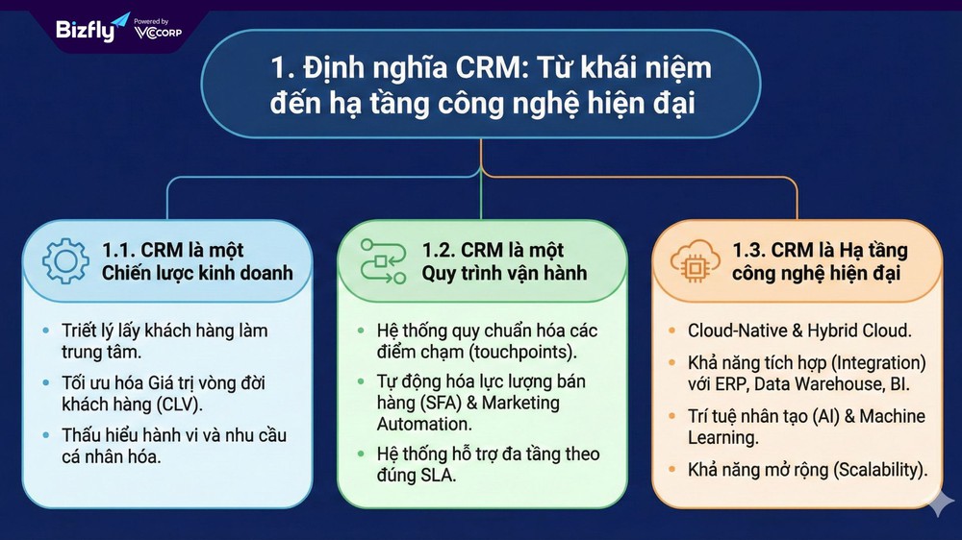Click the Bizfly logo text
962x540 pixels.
tap(86, 30)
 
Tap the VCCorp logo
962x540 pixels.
tap(158, 30)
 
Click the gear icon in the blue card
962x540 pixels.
tap(65, 261)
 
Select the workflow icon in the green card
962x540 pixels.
tap(383, 261)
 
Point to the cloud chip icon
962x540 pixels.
tap(695, 261)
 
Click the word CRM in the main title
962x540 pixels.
tap(488, 67)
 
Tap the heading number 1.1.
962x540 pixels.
tap(117, 250)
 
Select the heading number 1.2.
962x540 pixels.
tap(438, 250)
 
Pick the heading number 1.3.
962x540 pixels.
tap(748, 250)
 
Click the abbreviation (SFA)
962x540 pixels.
tap(442, 403)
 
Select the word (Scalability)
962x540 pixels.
tap(880, 470)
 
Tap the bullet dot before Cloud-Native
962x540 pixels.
tap(672, 331)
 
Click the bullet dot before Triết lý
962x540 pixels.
tap(46, 331)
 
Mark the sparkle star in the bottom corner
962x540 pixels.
tap(941, 503)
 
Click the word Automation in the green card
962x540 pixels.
tap(424, 424)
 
